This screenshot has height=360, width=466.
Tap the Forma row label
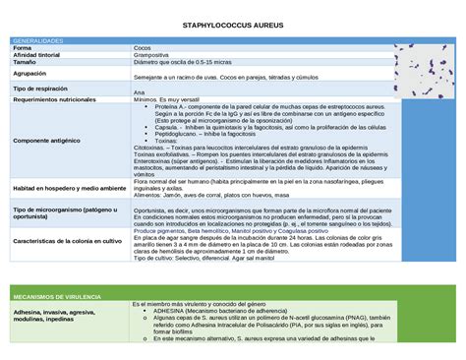click(x=22, y=48)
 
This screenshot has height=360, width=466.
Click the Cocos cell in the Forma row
click(x=143, y=48)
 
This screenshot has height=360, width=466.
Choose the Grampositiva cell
click(x=151, y=55)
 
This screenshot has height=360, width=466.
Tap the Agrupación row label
click(x=29, y=73)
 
